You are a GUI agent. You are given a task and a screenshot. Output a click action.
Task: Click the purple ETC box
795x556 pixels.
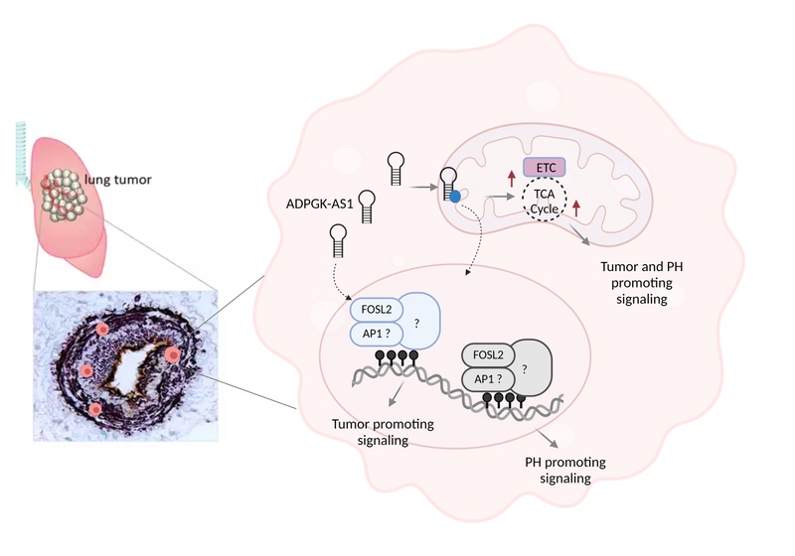point(544,167)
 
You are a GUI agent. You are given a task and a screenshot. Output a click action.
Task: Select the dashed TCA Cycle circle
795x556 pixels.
point(544,201)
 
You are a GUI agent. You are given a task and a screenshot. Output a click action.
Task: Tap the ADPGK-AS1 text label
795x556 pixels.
point(319,205)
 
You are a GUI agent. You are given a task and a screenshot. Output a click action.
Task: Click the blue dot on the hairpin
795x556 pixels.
point(455,196)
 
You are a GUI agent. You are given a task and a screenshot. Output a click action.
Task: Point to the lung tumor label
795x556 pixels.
point(117,180)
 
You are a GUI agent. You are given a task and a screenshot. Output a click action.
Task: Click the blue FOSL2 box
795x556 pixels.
point(377,310)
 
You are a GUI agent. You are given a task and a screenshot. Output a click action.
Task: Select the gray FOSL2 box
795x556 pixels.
point(488,355)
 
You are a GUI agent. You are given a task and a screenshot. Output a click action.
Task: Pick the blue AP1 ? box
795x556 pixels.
point(377,334)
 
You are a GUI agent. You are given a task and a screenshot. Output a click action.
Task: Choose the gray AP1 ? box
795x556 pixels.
point(488,378)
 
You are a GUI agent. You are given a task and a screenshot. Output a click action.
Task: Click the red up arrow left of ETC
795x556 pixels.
point(511,179)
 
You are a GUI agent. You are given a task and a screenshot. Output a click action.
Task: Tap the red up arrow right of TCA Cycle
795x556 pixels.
point(576,208)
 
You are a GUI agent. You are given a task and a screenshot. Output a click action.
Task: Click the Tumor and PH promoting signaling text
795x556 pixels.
point(641,283)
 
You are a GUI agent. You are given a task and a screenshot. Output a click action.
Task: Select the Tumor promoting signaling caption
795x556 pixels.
point(383,432)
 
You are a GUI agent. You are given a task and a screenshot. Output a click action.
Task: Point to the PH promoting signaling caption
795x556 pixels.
point(565,470)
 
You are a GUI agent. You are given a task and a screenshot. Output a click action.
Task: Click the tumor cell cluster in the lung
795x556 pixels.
point(64,195)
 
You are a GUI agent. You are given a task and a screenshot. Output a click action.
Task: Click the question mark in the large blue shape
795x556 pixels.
point(416,323)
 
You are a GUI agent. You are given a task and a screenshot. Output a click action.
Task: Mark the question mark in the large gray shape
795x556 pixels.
point(525,369)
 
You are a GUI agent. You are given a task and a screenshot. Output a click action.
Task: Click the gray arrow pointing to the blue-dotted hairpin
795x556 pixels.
point(423,187)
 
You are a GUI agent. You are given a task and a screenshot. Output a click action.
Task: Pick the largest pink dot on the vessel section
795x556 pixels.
point(173,355)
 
